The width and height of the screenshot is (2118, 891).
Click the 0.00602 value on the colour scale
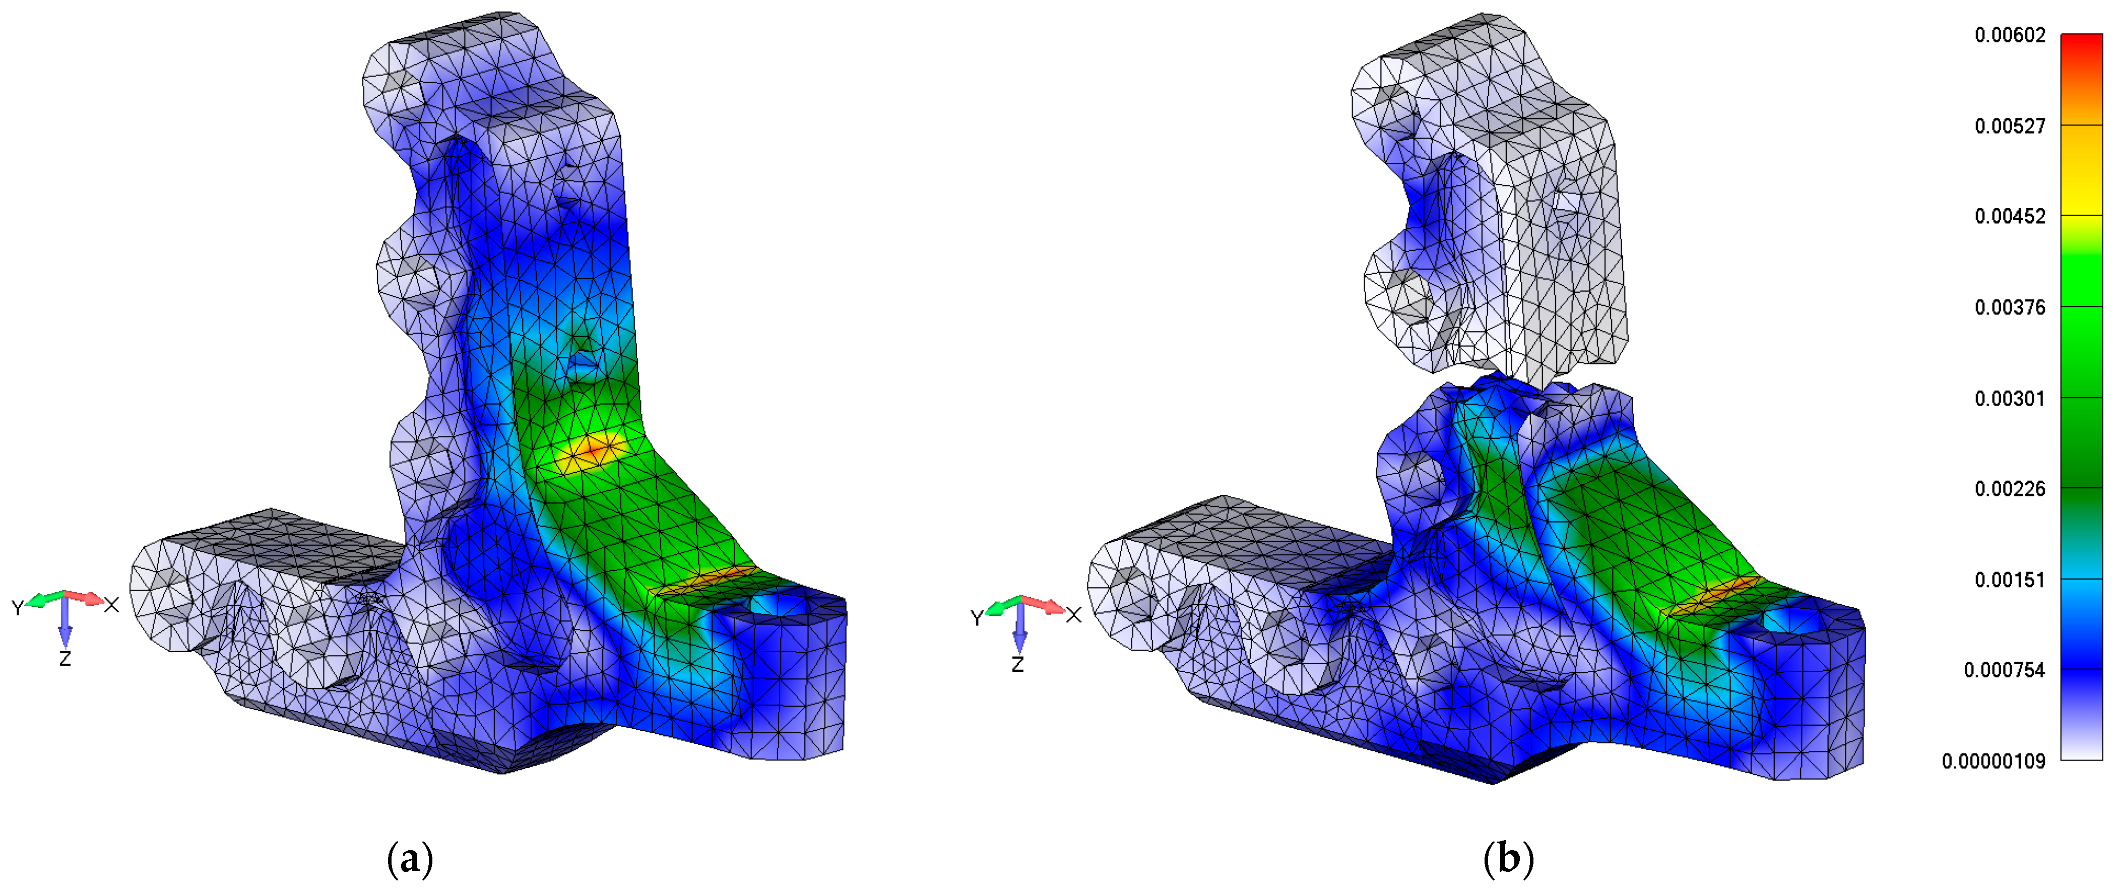pos(2010,35)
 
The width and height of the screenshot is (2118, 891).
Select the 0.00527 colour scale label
pos(2010,126)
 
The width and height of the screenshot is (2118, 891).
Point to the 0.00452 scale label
pos(2010,216)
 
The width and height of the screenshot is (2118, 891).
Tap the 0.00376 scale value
pos(2010,307)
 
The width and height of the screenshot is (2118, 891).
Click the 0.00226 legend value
pos(2010,489)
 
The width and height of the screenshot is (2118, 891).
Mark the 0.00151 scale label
pos(2010,580)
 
